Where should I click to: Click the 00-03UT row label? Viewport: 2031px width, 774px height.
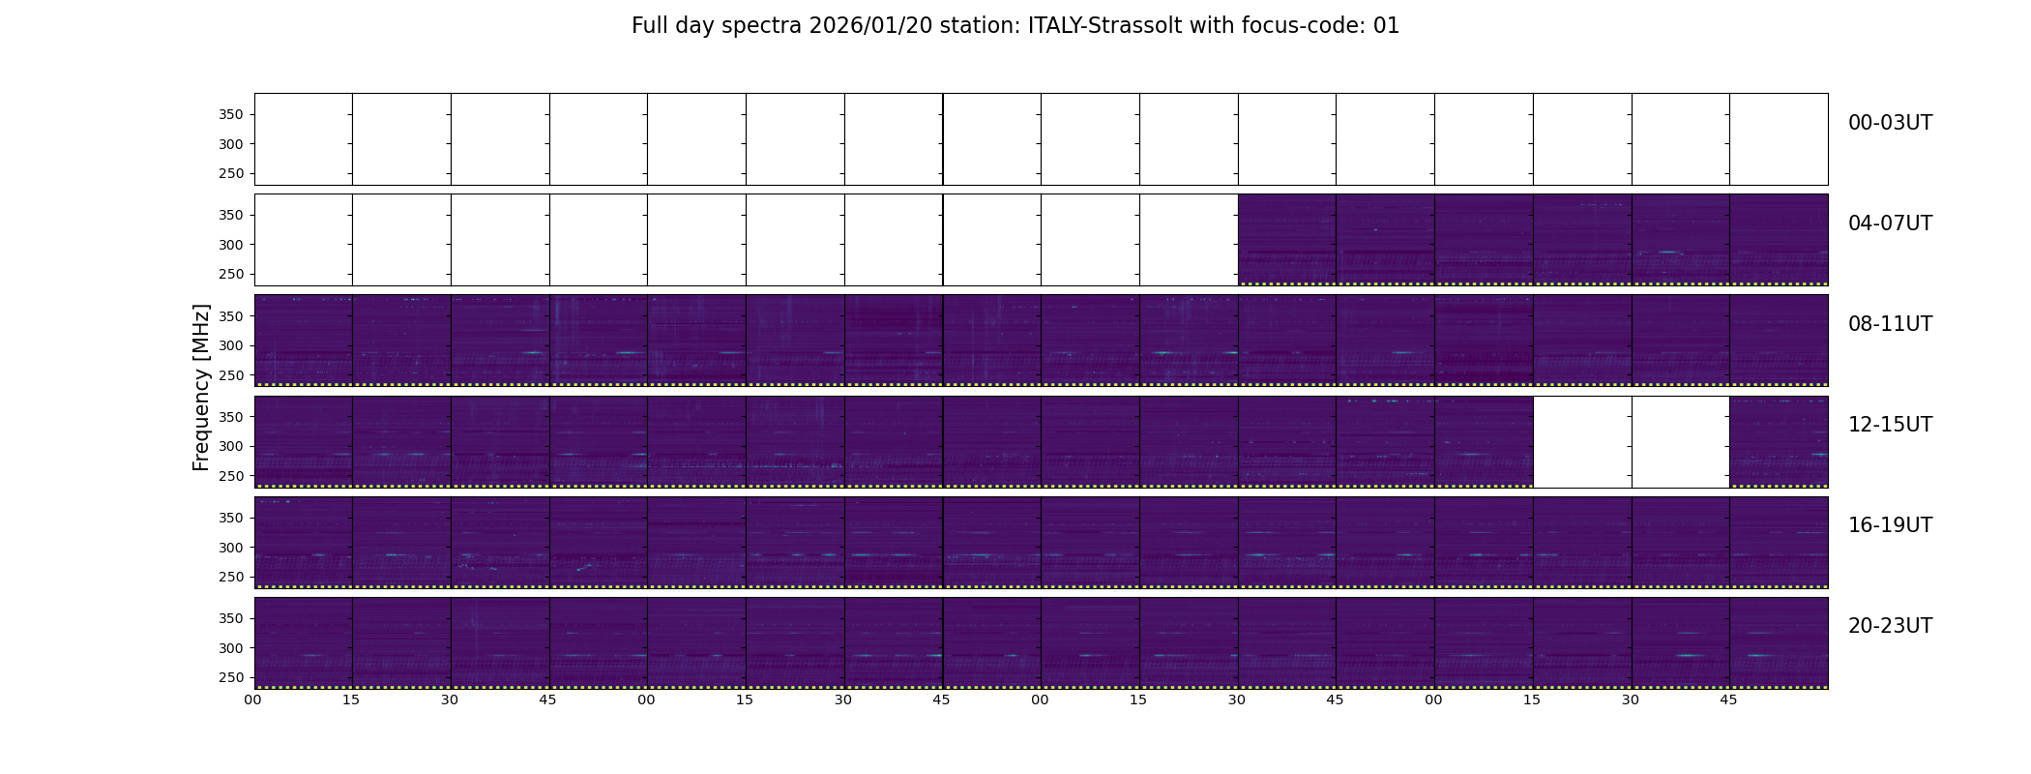pyautogui.click(x=1890, y=123)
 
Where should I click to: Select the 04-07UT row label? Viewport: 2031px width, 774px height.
pyautogui.click(x=1890, y=223)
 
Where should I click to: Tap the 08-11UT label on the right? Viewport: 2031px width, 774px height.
pyautogui.click(x=1890, y=324)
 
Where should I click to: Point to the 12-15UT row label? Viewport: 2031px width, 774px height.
pyautogui.click(x=1890, y=425)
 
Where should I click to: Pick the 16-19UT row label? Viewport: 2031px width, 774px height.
pyautogui.click(x=1890, y=525)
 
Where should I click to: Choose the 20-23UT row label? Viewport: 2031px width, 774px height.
pyautogui.click(x=1890, y=626)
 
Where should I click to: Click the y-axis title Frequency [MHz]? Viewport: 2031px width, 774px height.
pyautogui.click(x=201, y=387)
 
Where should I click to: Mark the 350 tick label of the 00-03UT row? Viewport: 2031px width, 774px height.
pyautogui.click(x=231, y=114)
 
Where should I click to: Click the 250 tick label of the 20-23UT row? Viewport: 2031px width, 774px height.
pyautogui.click(x=231, y=677)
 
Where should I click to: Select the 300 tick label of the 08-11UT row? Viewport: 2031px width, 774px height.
pyautogui.click(x=231, y=345)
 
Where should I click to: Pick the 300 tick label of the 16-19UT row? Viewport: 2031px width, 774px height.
pyautogui.click(x=231, y=548)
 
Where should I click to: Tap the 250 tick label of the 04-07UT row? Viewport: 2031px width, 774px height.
pyautogui.click(x=231, y=274)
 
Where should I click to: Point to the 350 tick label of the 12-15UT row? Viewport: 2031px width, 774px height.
pyautogui.click(x=231, y=417)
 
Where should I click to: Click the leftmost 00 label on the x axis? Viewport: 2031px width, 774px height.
pyautogui.click(x=252, y=700)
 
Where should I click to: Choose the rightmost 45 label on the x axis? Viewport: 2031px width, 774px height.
pyautogui.click(x=1728, y=700)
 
